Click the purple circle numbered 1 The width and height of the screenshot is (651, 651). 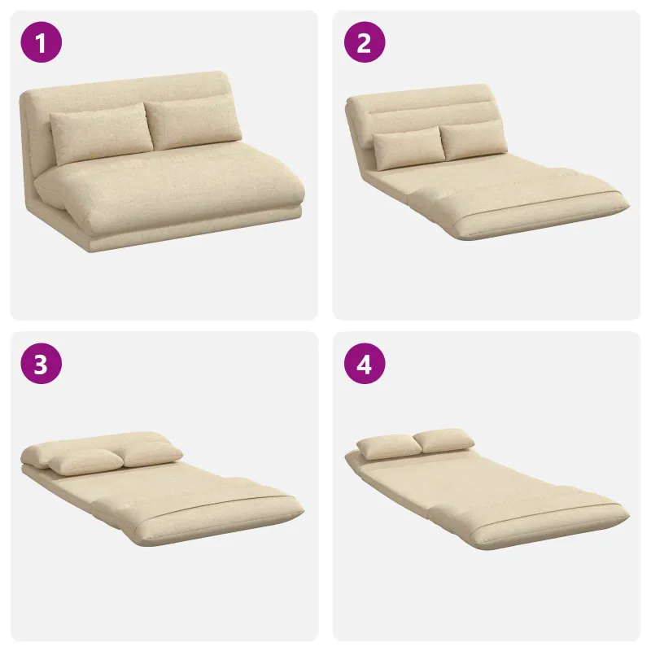click(42, 42)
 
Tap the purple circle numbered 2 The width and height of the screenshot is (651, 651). click(365, 42)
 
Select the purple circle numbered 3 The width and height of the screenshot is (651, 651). click(42, 364)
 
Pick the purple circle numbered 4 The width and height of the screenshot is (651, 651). click(365, 364)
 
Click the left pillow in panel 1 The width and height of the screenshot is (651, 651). click(100, 133)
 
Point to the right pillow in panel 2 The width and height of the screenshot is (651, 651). click(474, 140)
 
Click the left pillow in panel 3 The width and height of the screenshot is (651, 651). click(85, 461)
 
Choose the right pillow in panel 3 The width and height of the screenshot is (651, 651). click(151, 454)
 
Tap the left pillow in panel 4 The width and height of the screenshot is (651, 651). click(389, 447)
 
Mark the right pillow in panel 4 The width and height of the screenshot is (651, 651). click(443, 441)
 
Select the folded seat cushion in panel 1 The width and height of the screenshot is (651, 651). click(170, 189)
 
